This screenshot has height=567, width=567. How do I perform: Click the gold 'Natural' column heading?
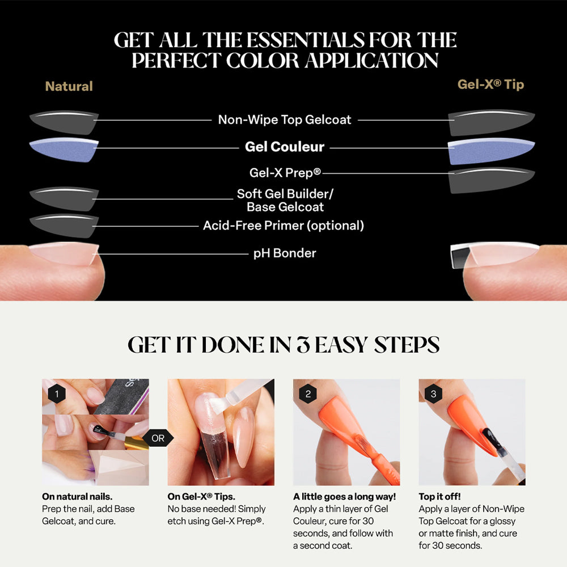point(69,86)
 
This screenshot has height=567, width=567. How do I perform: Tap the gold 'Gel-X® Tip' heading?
point(490,84)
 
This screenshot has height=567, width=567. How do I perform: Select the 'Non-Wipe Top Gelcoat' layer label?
point(285,120)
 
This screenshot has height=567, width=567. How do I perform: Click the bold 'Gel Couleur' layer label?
point(285,147)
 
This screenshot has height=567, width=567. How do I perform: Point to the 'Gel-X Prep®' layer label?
point(285,172)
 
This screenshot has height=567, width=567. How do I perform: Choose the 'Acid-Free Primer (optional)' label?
point(283,225)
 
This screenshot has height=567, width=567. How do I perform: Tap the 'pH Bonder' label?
point(285,253)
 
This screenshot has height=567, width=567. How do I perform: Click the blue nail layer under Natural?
point(64,150)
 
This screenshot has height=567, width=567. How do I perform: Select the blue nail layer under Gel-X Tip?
point(491,150)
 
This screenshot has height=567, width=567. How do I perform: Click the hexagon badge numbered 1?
point(57,393)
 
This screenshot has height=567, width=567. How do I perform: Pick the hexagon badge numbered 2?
point(308,393)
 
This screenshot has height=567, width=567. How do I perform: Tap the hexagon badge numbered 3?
point(434,393)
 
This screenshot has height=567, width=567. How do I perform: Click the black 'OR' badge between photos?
point(158,438)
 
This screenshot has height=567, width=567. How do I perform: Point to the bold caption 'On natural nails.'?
point(77,497)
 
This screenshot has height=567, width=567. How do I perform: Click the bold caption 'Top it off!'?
point(440,497)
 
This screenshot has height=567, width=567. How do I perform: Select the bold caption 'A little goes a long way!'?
point(344,497)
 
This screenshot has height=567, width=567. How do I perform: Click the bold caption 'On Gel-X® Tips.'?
point(201,497)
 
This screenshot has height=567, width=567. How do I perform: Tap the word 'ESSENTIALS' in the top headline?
point(306,40)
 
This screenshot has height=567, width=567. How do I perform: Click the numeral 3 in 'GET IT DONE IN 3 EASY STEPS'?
point(303,345)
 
